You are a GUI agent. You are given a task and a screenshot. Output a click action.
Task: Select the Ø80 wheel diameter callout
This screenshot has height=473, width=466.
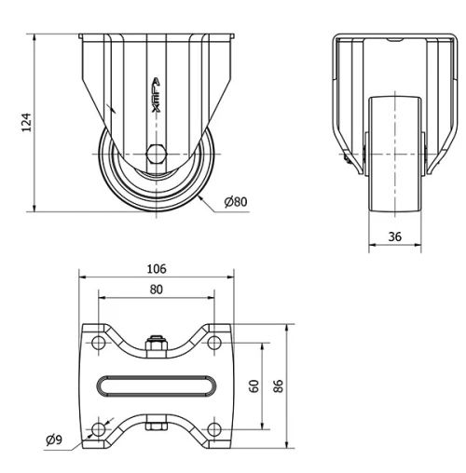click(x=237, y=201)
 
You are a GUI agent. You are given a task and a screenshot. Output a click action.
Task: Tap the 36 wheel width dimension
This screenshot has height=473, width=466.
click(x=394, y=236)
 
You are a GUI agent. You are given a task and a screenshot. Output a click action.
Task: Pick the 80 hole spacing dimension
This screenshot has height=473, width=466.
click(x=156, y=289)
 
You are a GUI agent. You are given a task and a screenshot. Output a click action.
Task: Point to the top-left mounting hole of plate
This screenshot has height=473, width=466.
click(x=97, y=344)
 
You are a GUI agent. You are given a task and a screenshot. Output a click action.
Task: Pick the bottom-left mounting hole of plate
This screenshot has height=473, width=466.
click(x=97, y=428)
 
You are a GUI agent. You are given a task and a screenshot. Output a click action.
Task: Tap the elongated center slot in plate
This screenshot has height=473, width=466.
click(x=156, y=385)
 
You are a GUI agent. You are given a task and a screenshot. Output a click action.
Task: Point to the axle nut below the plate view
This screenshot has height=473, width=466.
click(x=156, y=429)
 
